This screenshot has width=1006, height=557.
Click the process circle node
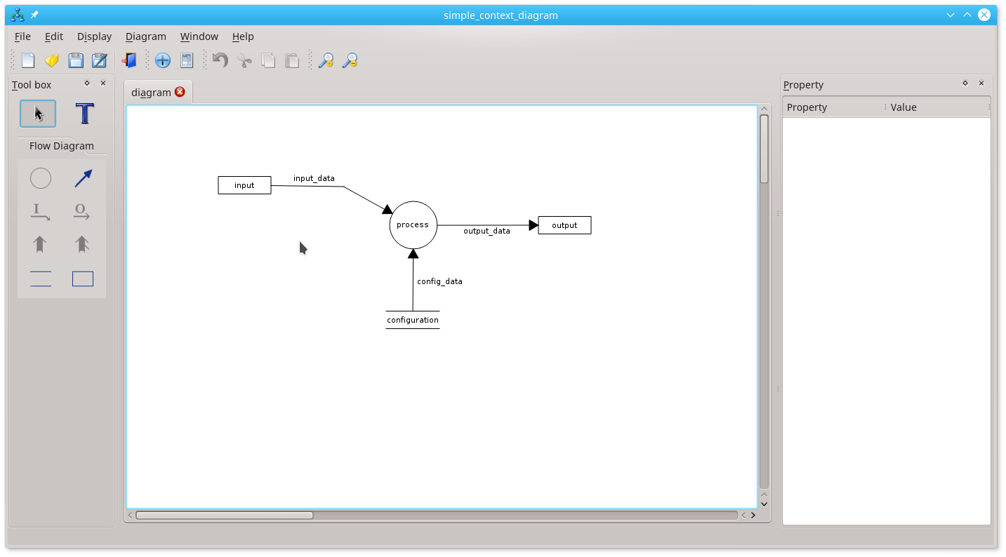(413, 225)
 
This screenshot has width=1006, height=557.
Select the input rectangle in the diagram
(244, 185)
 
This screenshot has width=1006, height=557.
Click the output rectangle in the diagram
(564, 225)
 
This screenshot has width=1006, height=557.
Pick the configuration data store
(413, 320)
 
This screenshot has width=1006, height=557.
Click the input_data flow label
(314, 178)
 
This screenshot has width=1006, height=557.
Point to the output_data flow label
(487, 231)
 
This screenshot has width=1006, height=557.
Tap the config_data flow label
(439, 281)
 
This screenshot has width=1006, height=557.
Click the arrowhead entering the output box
(534, 225)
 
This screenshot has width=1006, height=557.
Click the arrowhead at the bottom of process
(413, 254)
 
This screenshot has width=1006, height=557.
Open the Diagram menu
(146, 36)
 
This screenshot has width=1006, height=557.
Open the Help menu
(243, 36)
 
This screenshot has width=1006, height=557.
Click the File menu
(22, 36)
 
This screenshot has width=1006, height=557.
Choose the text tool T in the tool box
(84, 114)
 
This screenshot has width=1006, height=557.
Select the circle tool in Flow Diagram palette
(41, 179)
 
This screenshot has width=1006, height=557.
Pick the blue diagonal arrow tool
(83, 179)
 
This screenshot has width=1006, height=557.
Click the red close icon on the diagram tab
(180, 92)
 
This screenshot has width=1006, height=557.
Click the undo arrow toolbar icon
(220, 60)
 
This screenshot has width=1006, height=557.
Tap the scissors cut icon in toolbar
(244, 60)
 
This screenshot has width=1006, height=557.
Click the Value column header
(904, 107)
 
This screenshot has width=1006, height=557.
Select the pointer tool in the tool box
(38, 114)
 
